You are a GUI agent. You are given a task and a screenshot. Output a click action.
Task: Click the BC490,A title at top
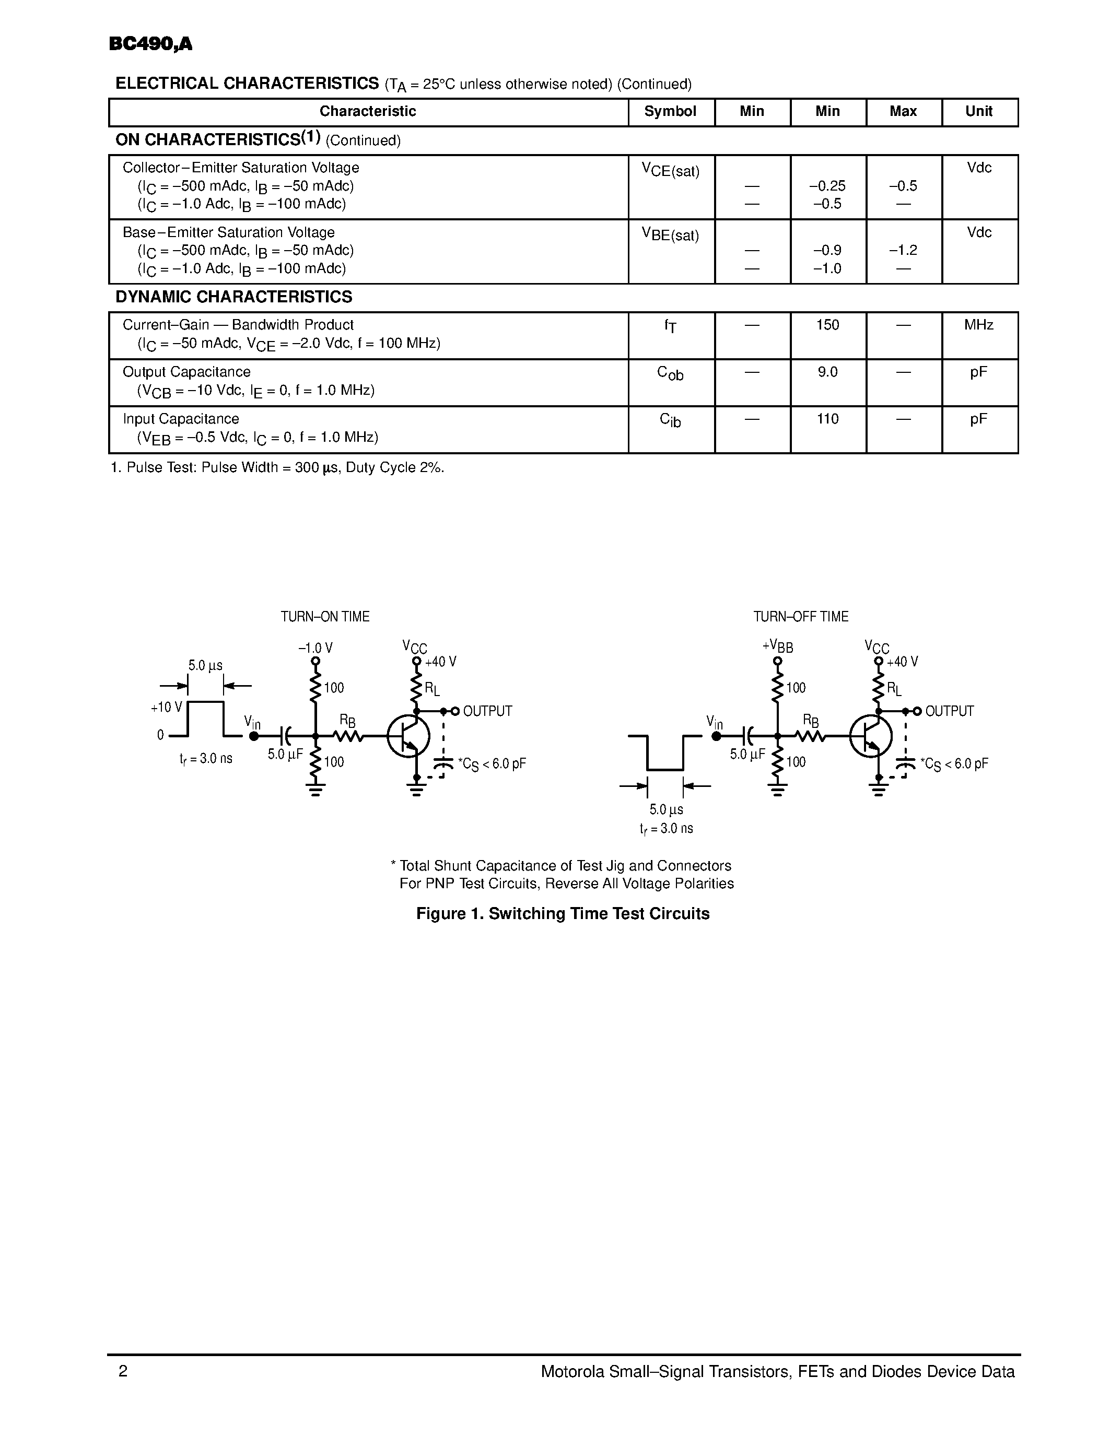point(150,44)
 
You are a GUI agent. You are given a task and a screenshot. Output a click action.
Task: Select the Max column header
point(903,111)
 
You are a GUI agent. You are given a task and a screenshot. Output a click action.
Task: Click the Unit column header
point(978,111)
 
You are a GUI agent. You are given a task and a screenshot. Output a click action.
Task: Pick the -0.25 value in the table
point(827,186)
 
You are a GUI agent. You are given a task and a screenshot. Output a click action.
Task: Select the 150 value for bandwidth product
point(827,325)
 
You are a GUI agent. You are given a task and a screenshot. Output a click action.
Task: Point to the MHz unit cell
point(978,325)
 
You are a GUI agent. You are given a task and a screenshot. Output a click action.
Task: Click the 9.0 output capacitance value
point(827,372)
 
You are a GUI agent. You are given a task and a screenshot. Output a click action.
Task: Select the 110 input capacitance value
point(827,419)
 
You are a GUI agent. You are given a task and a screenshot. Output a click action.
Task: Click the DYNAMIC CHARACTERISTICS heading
point(233,297)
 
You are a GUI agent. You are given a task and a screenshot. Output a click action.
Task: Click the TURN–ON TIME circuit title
point(325,617)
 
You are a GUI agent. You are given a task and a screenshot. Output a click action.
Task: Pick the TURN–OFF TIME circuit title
point(800,617)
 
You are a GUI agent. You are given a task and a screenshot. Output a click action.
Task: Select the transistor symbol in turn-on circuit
point(408,736)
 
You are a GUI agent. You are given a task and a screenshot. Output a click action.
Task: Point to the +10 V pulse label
point(166,708)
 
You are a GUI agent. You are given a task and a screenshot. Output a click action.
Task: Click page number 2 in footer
point(123,1371)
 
